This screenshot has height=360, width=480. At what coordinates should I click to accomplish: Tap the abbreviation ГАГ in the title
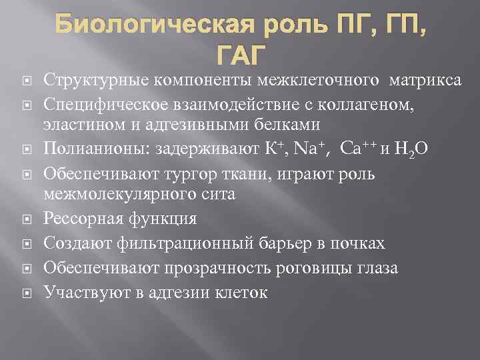[x=240, y=55]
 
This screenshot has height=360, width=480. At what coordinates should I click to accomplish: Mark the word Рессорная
[x=77, y=220]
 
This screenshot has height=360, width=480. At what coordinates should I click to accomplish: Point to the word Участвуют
[x=77, y=291]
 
